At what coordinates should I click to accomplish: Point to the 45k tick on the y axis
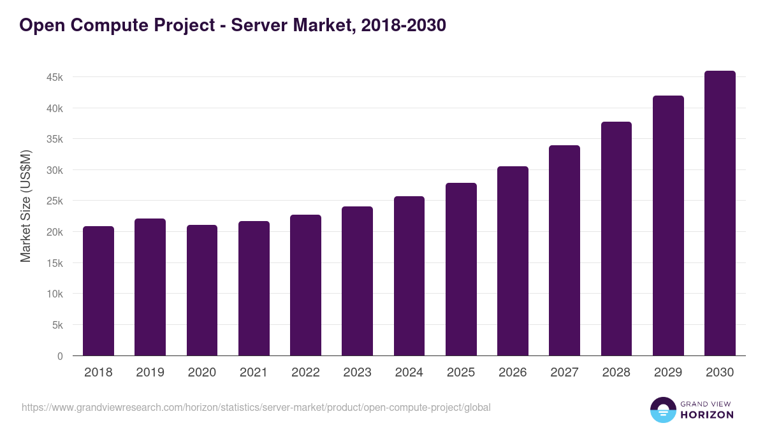point(55,78)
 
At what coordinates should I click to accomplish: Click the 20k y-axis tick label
point(55,233)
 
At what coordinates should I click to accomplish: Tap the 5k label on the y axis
point(57,326)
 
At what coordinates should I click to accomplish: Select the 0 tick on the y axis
point(60,356)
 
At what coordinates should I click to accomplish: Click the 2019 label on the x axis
point(150,373)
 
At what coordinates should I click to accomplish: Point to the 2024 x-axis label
point(409,373)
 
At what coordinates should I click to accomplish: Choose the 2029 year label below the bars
point(668,373)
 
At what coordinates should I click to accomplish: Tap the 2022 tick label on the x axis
point(305,373)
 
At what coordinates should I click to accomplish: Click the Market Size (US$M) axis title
point(25,206)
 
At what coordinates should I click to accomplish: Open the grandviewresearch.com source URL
point(256,407)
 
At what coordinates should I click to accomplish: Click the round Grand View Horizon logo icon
point(662,410)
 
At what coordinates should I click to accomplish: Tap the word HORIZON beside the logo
point(707,415)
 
